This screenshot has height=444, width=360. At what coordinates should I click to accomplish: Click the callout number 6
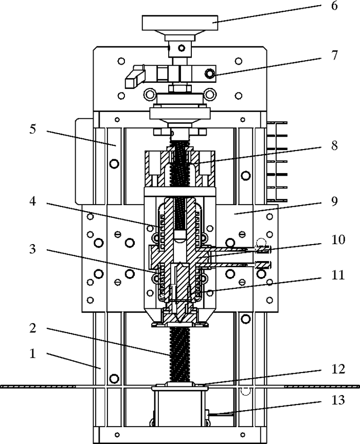[334, 6]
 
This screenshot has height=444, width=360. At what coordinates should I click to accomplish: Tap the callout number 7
[335, 55]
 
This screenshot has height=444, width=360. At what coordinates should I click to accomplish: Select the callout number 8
[334, 145]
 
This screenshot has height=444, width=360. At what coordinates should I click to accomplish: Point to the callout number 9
[334, 201]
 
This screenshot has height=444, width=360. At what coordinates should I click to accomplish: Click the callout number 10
[338, 239]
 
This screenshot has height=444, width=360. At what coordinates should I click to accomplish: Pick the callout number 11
[338, 275]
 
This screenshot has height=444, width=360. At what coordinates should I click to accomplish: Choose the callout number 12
[338, 369]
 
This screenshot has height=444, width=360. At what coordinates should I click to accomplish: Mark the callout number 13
[338, 400]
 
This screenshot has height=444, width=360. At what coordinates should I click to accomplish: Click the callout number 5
[33, 129]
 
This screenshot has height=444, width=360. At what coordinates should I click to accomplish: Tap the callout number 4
[33, 201]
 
